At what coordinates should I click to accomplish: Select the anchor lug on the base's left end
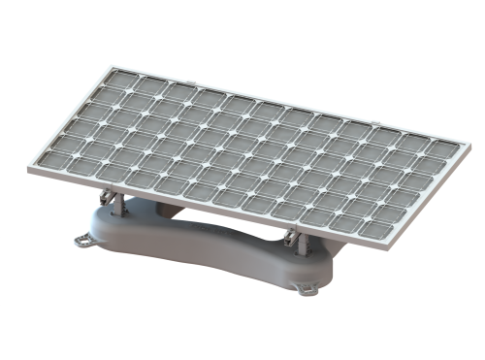(x=86, y=237)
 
